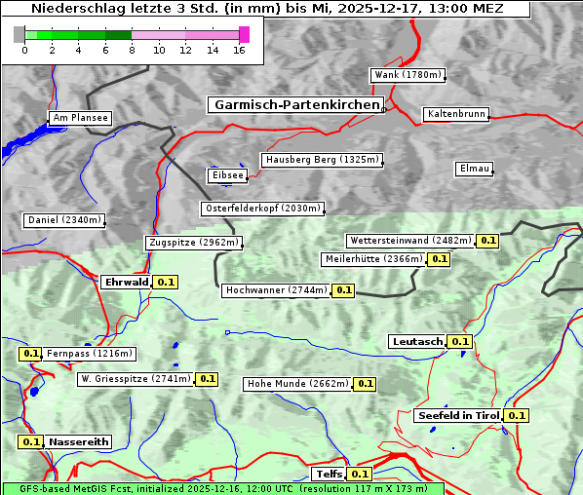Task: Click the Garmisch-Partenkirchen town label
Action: (x=294, y=104)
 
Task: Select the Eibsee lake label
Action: (x=226, y=175)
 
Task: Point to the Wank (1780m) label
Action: (x=408, y=75)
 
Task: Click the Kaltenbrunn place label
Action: (x=455, y=114)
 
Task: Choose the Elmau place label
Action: (x=474, y=169)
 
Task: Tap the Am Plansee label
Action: (x=79, y=118)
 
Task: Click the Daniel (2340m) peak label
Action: (x=63, y=220)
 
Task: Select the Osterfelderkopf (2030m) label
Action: (x=262, y=209)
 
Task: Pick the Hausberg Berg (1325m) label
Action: (x=322, y=160)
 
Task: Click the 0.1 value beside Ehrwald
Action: (x=166, y=282)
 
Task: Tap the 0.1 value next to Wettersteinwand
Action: (x=488, y=241)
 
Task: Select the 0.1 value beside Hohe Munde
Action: (x=365, y=384)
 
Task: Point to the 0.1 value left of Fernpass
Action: (x=30, y=354)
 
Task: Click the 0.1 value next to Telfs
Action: (x=360, y=475)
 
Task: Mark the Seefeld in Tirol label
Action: (x=458, y=415)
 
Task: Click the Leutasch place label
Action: (x=417, y=341)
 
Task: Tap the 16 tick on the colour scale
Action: (x=238, y=50)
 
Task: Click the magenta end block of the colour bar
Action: (x=244, y=34)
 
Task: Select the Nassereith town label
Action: (x=79, y=441)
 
